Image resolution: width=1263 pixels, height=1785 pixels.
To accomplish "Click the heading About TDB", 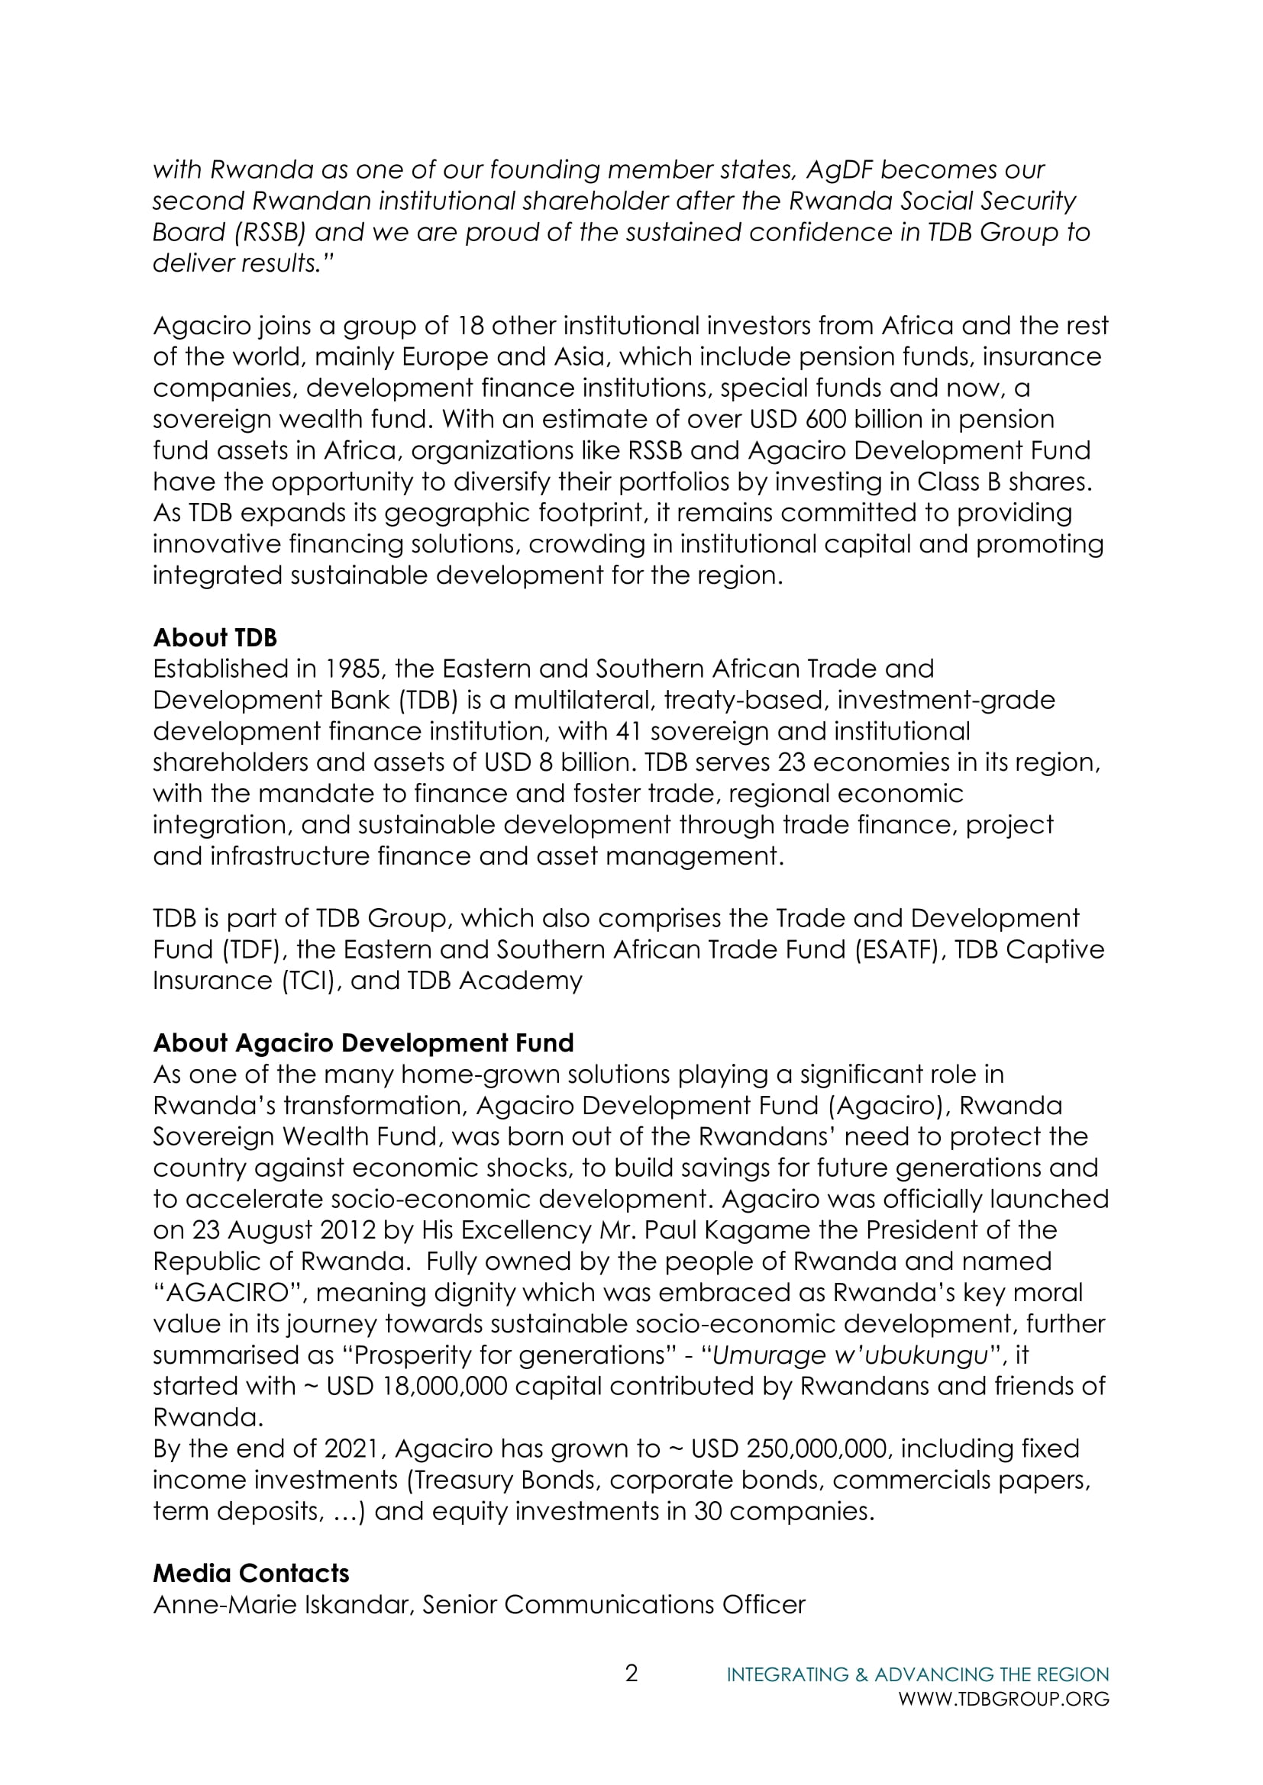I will (215, 637).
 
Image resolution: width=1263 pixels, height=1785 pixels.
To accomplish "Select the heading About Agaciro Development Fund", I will (363, 1042).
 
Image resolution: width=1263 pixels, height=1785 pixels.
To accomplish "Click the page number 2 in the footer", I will (631, 1673).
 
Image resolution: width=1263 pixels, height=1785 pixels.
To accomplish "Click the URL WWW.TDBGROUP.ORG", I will (1003, 1700).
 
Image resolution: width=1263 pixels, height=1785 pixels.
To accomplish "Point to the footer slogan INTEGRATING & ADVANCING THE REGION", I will (918, 1674).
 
